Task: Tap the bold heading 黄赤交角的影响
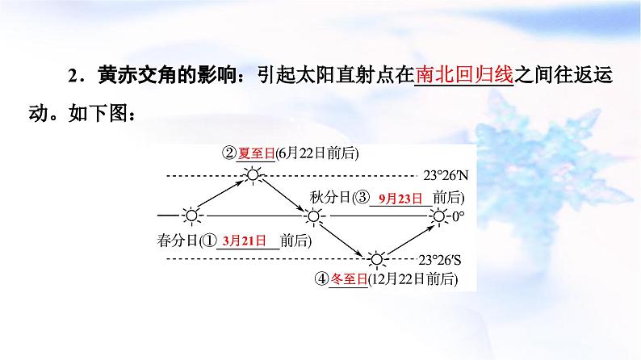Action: click(157, 75)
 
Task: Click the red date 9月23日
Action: click(400, 197)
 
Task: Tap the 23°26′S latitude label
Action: click(444, 260)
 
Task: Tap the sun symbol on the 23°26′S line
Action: click(376, 259)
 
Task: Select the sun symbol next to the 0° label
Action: click(438, 216)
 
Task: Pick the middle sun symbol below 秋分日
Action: click(313, 216)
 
